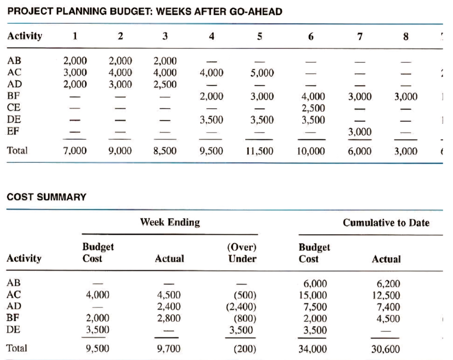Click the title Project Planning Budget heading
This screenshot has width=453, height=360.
(145, 12)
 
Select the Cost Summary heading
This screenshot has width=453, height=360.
(46, 197)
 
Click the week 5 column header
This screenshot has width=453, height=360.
(260, 36)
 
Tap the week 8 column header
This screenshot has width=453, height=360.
(406, 36)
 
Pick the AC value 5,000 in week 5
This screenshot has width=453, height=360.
(262, 73)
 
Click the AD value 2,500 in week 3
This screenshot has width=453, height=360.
(165, 84)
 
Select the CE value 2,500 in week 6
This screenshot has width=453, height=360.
(313, 108)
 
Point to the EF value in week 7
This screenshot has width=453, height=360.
(360, 132)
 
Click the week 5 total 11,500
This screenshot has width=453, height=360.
(260, 151)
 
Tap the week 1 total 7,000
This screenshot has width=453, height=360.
(75, 151)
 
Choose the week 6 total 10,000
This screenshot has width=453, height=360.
(311, 151)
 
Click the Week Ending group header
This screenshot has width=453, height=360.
(170, 222)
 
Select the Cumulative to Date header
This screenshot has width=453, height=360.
(386, 223)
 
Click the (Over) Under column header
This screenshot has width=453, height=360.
(242, 253)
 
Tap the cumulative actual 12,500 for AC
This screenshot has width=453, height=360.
(386, 295)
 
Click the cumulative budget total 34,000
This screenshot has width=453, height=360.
(313, 349)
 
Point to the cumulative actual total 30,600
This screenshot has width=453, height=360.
(386, 349)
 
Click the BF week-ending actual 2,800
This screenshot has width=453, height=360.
(169, 318)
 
